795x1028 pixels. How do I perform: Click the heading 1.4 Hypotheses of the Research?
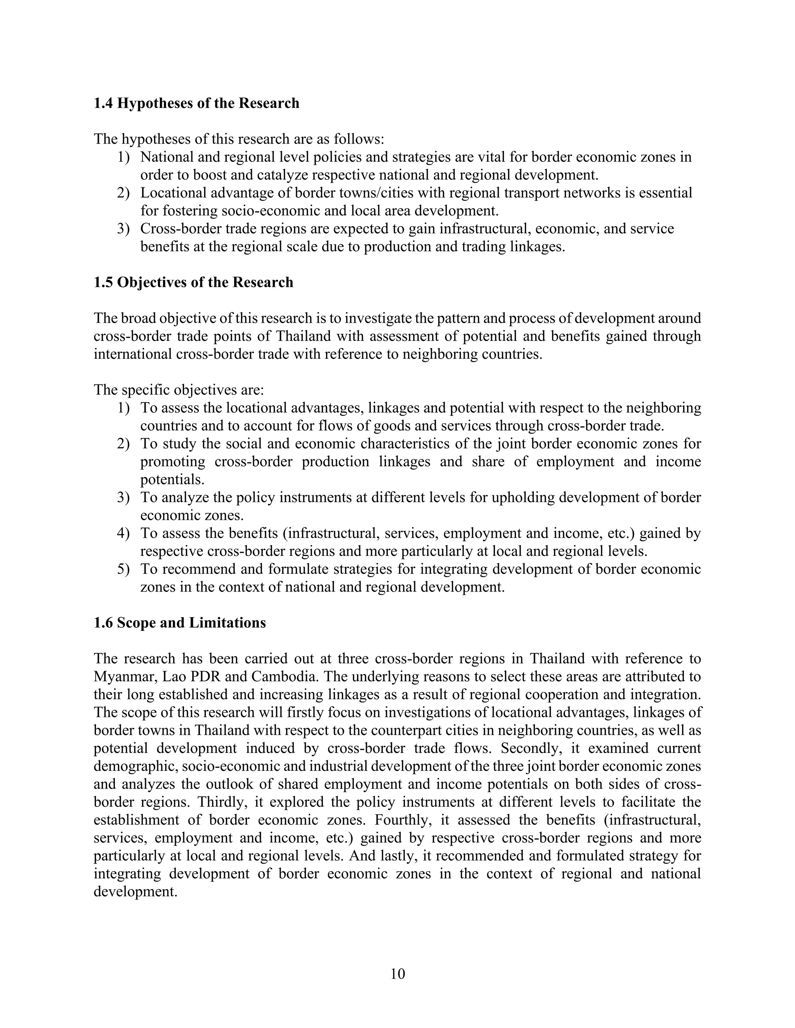point(196,103)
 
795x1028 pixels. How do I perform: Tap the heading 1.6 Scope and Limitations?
point(179,623)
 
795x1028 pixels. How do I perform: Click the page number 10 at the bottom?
point(397,973)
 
